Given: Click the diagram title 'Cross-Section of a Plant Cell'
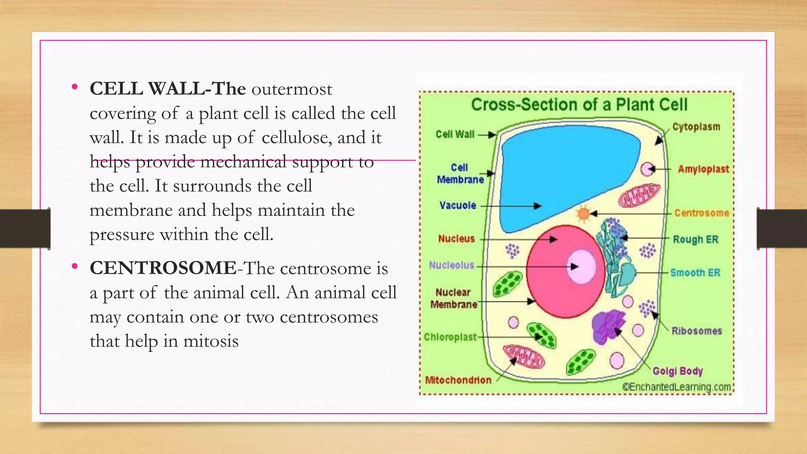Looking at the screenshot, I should tap(579, 105).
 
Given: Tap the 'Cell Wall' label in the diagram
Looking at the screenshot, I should tap(455, 134).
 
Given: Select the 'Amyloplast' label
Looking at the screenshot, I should tap(703, 169).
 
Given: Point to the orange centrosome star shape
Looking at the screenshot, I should tap(583, 214).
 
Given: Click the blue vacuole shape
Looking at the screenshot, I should tap(563, 173).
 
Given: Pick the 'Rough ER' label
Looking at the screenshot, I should tap(695, 239).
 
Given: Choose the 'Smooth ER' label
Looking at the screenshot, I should tap(695, 272).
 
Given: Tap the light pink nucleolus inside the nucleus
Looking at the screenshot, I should tap(581, 266).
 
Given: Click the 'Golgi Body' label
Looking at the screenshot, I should tap(677, 371).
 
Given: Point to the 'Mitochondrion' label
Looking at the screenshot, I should tap(458, 380).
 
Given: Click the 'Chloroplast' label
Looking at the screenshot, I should tap(450, 337).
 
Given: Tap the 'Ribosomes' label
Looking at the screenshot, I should tap(696, 331).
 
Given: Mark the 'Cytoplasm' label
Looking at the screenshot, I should tap(696, 127).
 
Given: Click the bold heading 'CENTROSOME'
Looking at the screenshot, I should tap(163, 268).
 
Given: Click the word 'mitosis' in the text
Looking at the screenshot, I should tap(211, 341).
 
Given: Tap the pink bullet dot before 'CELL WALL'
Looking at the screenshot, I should tap(75, 87).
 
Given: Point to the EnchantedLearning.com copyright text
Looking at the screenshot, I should tap(676, 387).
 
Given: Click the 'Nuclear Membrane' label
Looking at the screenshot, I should tap(454, 298).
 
